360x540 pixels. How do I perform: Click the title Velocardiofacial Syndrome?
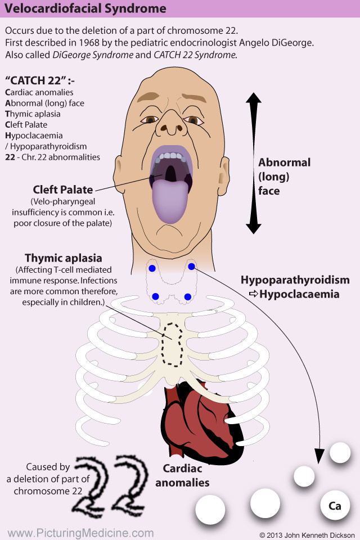tap(85, 8)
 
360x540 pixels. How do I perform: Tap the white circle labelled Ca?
tap(335, 506)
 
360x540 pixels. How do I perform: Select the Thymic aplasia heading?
tap(64, 258)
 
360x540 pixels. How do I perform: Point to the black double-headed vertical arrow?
tap(253, 163)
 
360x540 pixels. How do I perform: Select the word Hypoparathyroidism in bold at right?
tap(295, 280)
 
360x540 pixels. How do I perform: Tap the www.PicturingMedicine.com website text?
tap(80, 533)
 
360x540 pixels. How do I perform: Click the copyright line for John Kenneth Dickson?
tap(307, 534)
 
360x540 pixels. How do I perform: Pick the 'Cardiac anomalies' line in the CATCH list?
tap(39, 92)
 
